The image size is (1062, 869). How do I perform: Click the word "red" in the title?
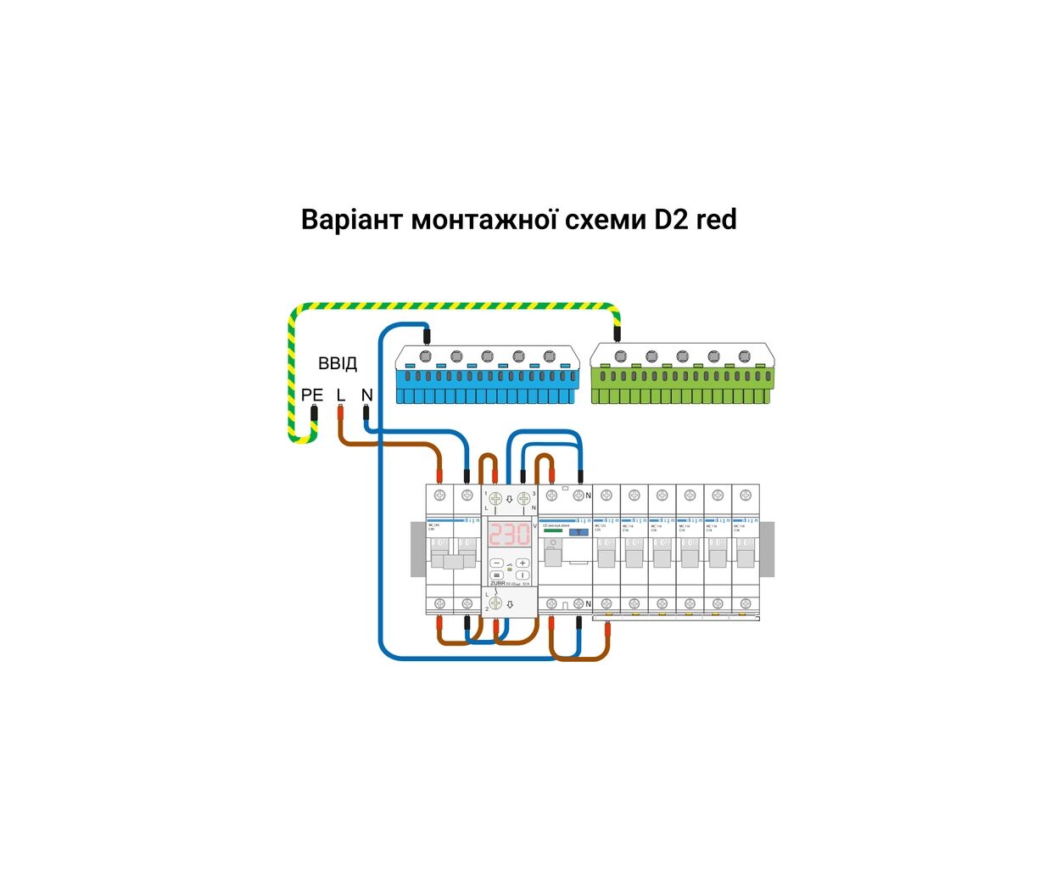(x=716, y=220)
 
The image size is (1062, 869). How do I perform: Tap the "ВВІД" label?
(x=338, y=364)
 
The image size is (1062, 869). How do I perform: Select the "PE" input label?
(x=312, y=395)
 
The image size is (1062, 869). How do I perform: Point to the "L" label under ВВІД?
(x=341, y=395)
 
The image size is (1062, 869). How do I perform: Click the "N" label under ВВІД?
(x=367, y=395)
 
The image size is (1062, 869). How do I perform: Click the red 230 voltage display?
(x=509, y=535)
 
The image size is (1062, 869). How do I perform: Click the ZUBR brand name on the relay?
(x=498, y=584)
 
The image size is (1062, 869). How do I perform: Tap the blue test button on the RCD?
(x=579, y=532)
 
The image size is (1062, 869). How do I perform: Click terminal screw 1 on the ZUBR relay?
(x=495, y=499)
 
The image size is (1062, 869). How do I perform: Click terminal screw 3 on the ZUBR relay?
(x=523, y=499)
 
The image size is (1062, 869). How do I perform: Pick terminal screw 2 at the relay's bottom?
(x=496, y=603)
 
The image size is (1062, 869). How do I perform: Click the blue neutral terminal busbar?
(x=487, y=373)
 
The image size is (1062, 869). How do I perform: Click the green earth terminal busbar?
(x=682, y=373)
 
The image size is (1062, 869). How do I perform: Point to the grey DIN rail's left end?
(x=417, y=550)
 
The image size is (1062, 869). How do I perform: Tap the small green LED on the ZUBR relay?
(x=510, y=569)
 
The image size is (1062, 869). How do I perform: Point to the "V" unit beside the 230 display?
(x=534, y=526)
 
